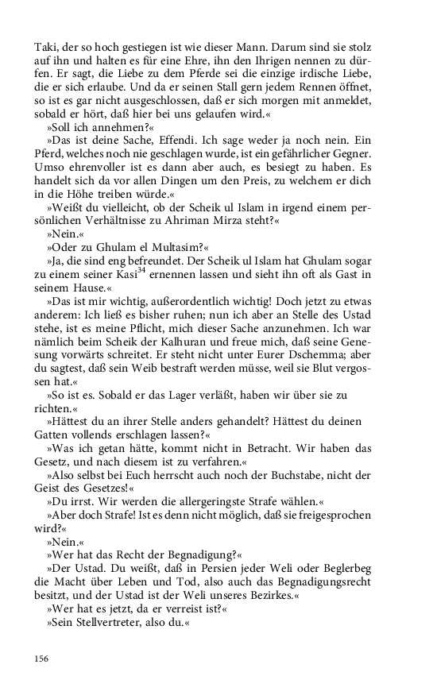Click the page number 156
pyautogui.click(x=42, y=658)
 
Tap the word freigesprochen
pyautogui.click(x=363, y=516)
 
